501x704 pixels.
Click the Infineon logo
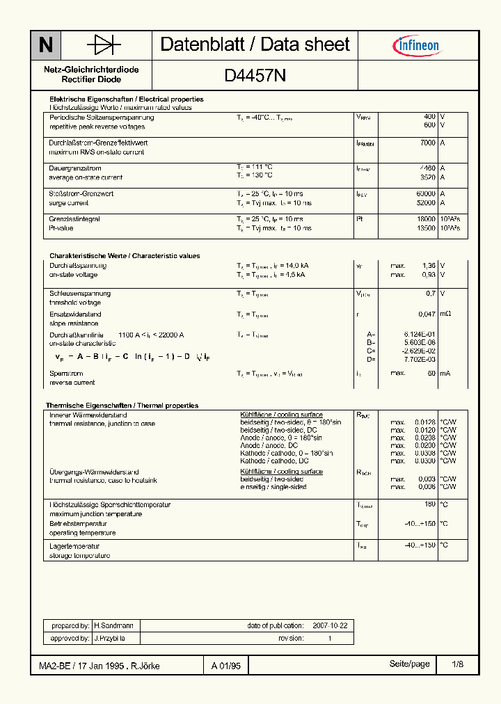[x=417, y=46]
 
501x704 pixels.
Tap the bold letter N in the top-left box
[x=45, y=45]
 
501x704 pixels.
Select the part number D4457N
[x=255, y=75]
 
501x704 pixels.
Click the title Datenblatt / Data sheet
[x=255, y=45]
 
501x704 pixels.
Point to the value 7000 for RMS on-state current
[x=427, y=143]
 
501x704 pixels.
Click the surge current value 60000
[x=426, y=194]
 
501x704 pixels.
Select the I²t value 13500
[x=426, y=228]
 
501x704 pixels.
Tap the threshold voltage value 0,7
[x=431, y=294]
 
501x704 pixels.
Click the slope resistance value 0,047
[x=428, y=314]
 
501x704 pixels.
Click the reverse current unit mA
[x=445, y=374]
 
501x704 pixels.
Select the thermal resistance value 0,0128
[x=424, y=422]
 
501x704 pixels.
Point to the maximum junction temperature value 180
[x=430, y=504]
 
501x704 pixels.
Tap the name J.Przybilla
[x=109, y=638]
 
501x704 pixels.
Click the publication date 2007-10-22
[x=330, y=625]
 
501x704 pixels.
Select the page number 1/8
[x=457, y=665]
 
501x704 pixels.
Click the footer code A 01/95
[x=226, y=666]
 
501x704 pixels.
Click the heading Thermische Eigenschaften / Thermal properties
[x=122, y=406]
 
